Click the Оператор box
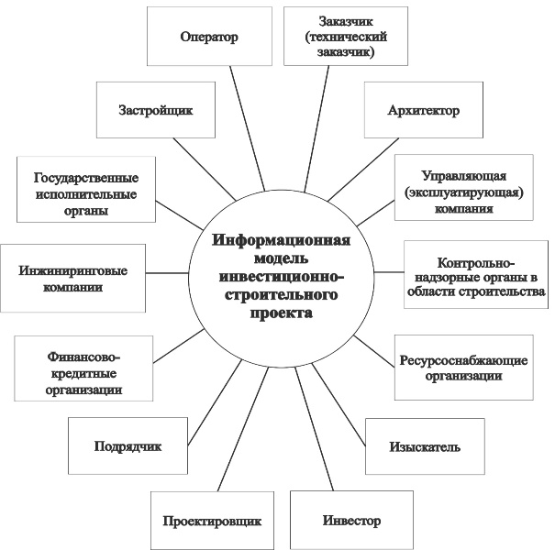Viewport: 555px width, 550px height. click(209, 36)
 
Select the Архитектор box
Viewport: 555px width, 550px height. click(424, 110)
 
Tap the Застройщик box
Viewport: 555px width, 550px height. click(156, 110)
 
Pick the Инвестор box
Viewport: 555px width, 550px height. click(352, 520)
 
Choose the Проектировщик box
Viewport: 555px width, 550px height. click(213, 521)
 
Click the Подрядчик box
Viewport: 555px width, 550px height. click(128, 445)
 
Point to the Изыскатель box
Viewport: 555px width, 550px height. click(425, 446)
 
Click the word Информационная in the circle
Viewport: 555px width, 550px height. click(282, 240)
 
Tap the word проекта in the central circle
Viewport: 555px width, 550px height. click(282, 313)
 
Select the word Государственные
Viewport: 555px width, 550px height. click(86, 177)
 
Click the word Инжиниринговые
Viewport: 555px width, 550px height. click(72, 270)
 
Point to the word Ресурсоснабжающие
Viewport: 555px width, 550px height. click(463, 360)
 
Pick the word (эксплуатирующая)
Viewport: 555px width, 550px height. click(464, 192)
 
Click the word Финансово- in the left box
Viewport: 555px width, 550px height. click(83, 357)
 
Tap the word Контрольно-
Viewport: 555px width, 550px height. click(476, 263)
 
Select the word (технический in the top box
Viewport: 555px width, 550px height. click(346, 37)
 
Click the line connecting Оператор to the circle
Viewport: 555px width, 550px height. click(247, 128)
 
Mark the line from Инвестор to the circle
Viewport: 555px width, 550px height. click(315, 429)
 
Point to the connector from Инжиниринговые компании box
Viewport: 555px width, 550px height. click(167, 272)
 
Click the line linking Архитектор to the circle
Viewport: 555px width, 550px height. click(363, 170)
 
